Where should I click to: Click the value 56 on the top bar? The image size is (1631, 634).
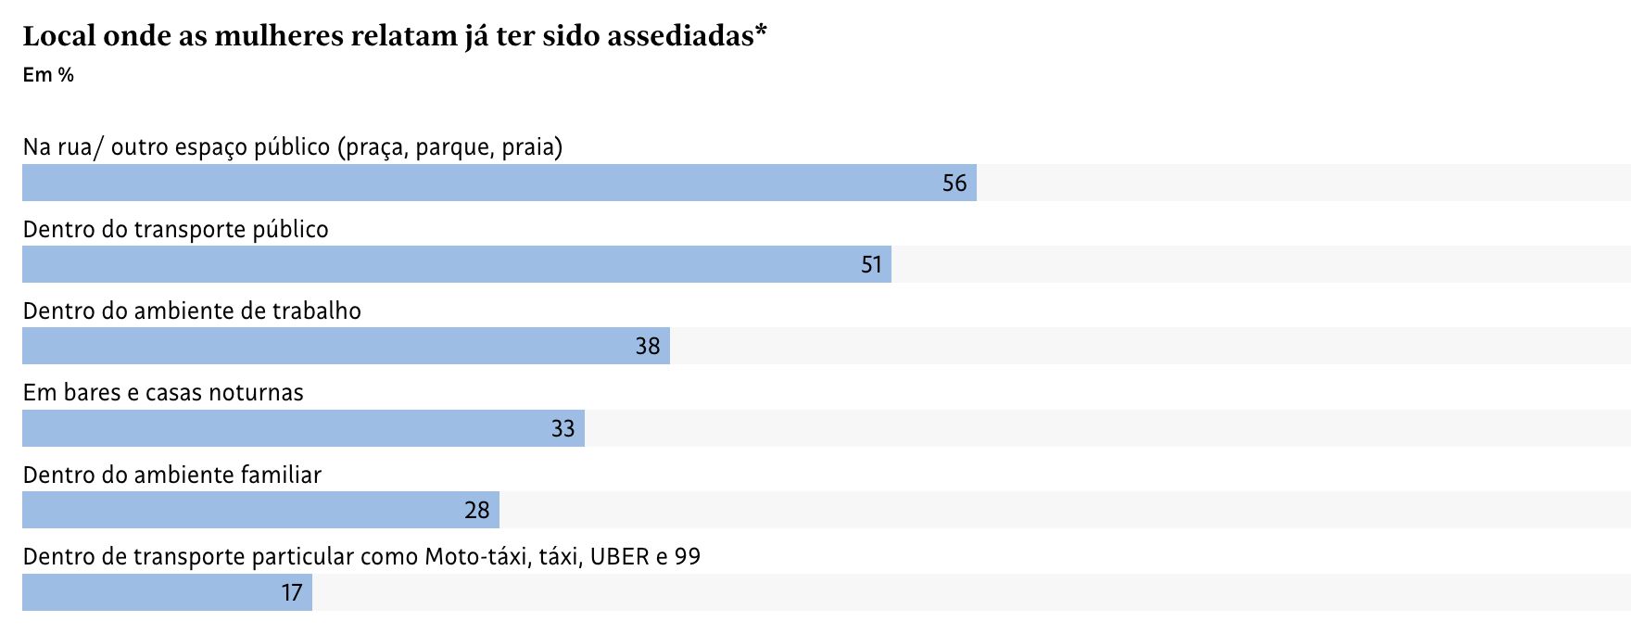pyautogui.click(x=955, y=183)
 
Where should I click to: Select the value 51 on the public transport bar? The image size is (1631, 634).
pyautogui.click(x=871, y=265)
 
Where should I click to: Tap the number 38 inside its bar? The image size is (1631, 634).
pyautogui.click(x=648, y=347)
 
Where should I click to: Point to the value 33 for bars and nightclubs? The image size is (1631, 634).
pyautogui.click(x=563, y=428)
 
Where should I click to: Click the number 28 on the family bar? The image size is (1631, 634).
pyautogui.click(x=477, y=511)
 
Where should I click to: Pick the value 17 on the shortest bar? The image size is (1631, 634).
pyautogui.click(x=292, y=592)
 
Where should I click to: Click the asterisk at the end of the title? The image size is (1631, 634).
pyautogui.click(x=761, y=32)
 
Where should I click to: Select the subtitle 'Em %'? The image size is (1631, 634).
pyautogui.click(x=48, y=75)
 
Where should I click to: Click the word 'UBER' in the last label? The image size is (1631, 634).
pyautogui.click(x=619, y=556)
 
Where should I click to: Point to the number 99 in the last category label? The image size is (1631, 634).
pyautogui.click(x=688, y=556)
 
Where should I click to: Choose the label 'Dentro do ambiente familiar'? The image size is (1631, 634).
pyautogui.click(x=172, y=475)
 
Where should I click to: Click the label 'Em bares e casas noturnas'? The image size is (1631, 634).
pyautogui.click(x=163, y=393)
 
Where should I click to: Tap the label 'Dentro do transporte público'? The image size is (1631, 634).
pyautogui.click(x=176, y=229)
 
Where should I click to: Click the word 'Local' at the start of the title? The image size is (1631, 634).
pyautogui.click(x=59, y=36)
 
